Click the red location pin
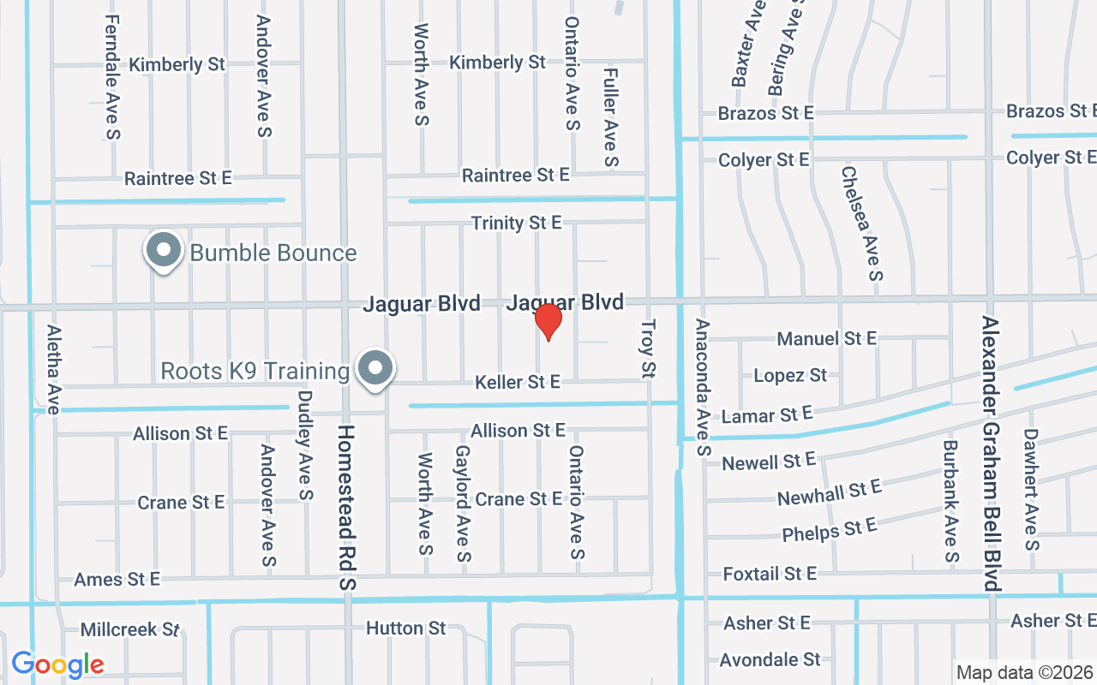click(548, 322)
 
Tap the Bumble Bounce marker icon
click(163, 251)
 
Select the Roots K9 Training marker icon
click(375, 369)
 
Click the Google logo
click(58, 664)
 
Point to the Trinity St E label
click(516, 223)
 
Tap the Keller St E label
click(518, 382)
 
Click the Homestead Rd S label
click(346, 507)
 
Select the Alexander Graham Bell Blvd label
click(991, 454)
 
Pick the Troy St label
click(648, 349)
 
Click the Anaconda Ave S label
click(703, 387)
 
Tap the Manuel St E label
click(826, 339)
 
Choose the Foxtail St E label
click(770, 573)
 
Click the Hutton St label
click(406, 628)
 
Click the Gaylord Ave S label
click(463, 503)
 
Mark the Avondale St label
click(770, 660)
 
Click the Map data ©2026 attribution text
click(1025, 672)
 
